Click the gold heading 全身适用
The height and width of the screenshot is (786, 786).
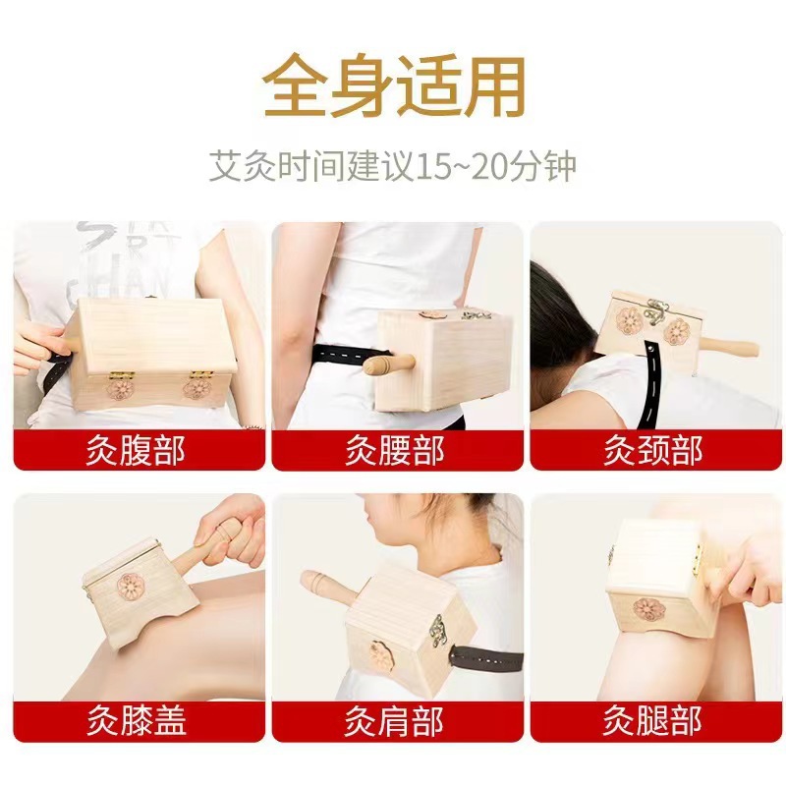(x=395, y=87)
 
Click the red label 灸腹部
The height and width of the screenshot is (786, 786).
(x=136, y=450)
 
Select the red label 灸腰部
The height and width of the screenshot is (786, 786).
(x=395, y=450)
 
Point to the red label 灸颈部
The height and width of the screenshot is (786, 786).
(x=653, y=450)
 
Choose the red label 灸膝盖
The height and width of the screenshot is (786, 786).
(x=137, y=721)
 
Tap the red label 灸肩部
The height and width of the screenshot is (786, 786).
(x=395, y=721)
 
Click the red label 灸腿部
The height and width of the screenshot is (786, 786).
(x=653, y=721)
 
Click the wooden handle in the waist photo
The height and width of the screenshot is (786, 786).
(x=388, y=365)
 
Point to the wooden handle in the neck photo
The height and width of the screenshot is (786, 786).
(x=728, y=347)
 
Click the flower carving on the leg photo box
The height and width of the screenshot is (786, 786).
(x=649, y=609)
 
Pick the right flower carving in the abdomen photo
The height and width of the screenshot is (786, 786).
(x=196, y=389)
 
